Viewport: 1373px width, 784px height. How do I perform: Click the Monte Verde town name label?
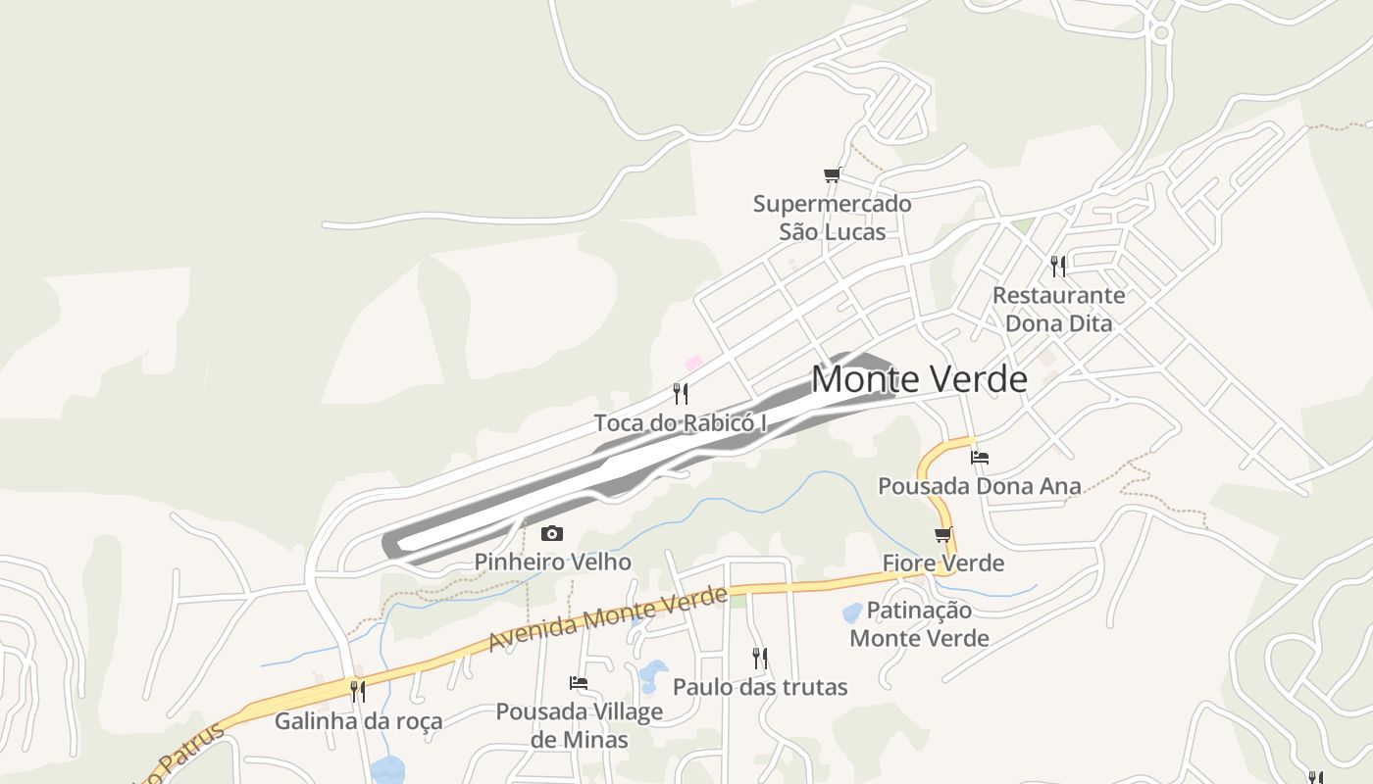click(919, 379)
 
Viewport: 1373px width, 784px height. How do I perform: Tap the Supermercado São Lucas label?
click(832, 218)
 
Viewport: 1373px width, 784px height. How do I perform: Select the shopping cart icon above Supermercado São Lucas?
click(833, 175)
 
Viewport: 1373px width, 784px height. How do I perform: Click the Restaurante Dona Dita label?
click(1058, 309)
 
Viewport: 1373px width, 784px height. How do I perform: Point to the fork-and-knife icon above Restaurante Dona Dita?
click(1058, 266)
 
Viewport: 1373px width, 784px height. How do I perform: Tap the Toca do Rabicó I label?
click(680, 423)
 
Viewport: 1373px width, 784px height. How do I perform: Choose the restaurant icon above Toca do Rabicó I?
click(681, 394)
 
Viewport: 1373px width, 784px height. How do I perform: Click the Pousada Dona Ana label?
click(979, 485)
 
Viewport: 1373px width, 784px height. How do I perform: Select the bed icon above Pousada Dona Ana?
click(979, 457)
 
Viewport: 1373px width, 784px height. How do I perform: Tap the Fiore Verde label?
click(942, 563)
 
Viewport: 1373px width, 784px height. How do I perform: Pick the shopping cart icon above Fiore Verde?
click(943, 535)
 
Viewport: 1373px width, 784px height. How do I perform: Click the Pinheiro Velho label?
click(552, 562)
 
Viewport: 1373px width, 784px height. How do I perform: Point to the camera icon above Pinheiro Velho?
click(552, 533)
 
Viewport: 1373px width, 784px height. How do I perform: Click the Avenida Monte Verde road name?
click(608, 619)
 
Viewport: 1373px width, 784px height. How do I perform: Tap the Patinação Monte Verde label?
click(919, 624)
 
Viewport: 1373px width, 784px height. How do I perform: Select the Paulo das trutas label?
click(760, 687)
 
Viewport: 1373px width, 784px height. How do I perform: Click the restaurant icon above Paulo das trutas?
click(760, 658)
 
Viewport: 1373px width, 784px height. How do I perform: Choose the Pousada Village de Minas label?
click(579, 725)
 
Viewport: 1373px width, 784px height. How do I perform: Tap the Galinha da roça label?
click(358, 721)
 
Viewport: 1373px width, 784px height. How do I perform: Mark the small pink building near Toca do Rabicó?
click(693, 363)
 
